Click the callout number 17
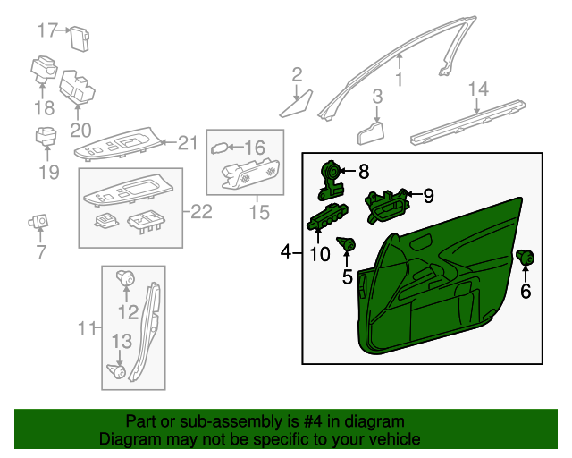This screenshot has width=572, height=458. tap(47, 30)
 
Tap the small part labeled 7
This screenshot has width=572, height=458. tap(39, 219)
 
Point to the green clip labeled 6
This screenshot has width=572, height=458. tap(526, 259)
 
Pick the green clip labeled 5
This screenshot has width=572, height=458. tap(349, 243)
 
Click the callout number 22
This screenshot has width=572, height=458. tap(203, 212)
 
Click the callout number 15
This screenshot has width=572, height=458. tap(259, 213)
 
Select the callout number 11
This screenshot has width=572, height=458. tap(85, 329)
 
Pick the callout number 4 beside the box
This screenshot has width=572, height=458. tap(285, 253)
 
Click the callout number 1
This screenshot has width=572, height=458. tap(399, 80)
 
